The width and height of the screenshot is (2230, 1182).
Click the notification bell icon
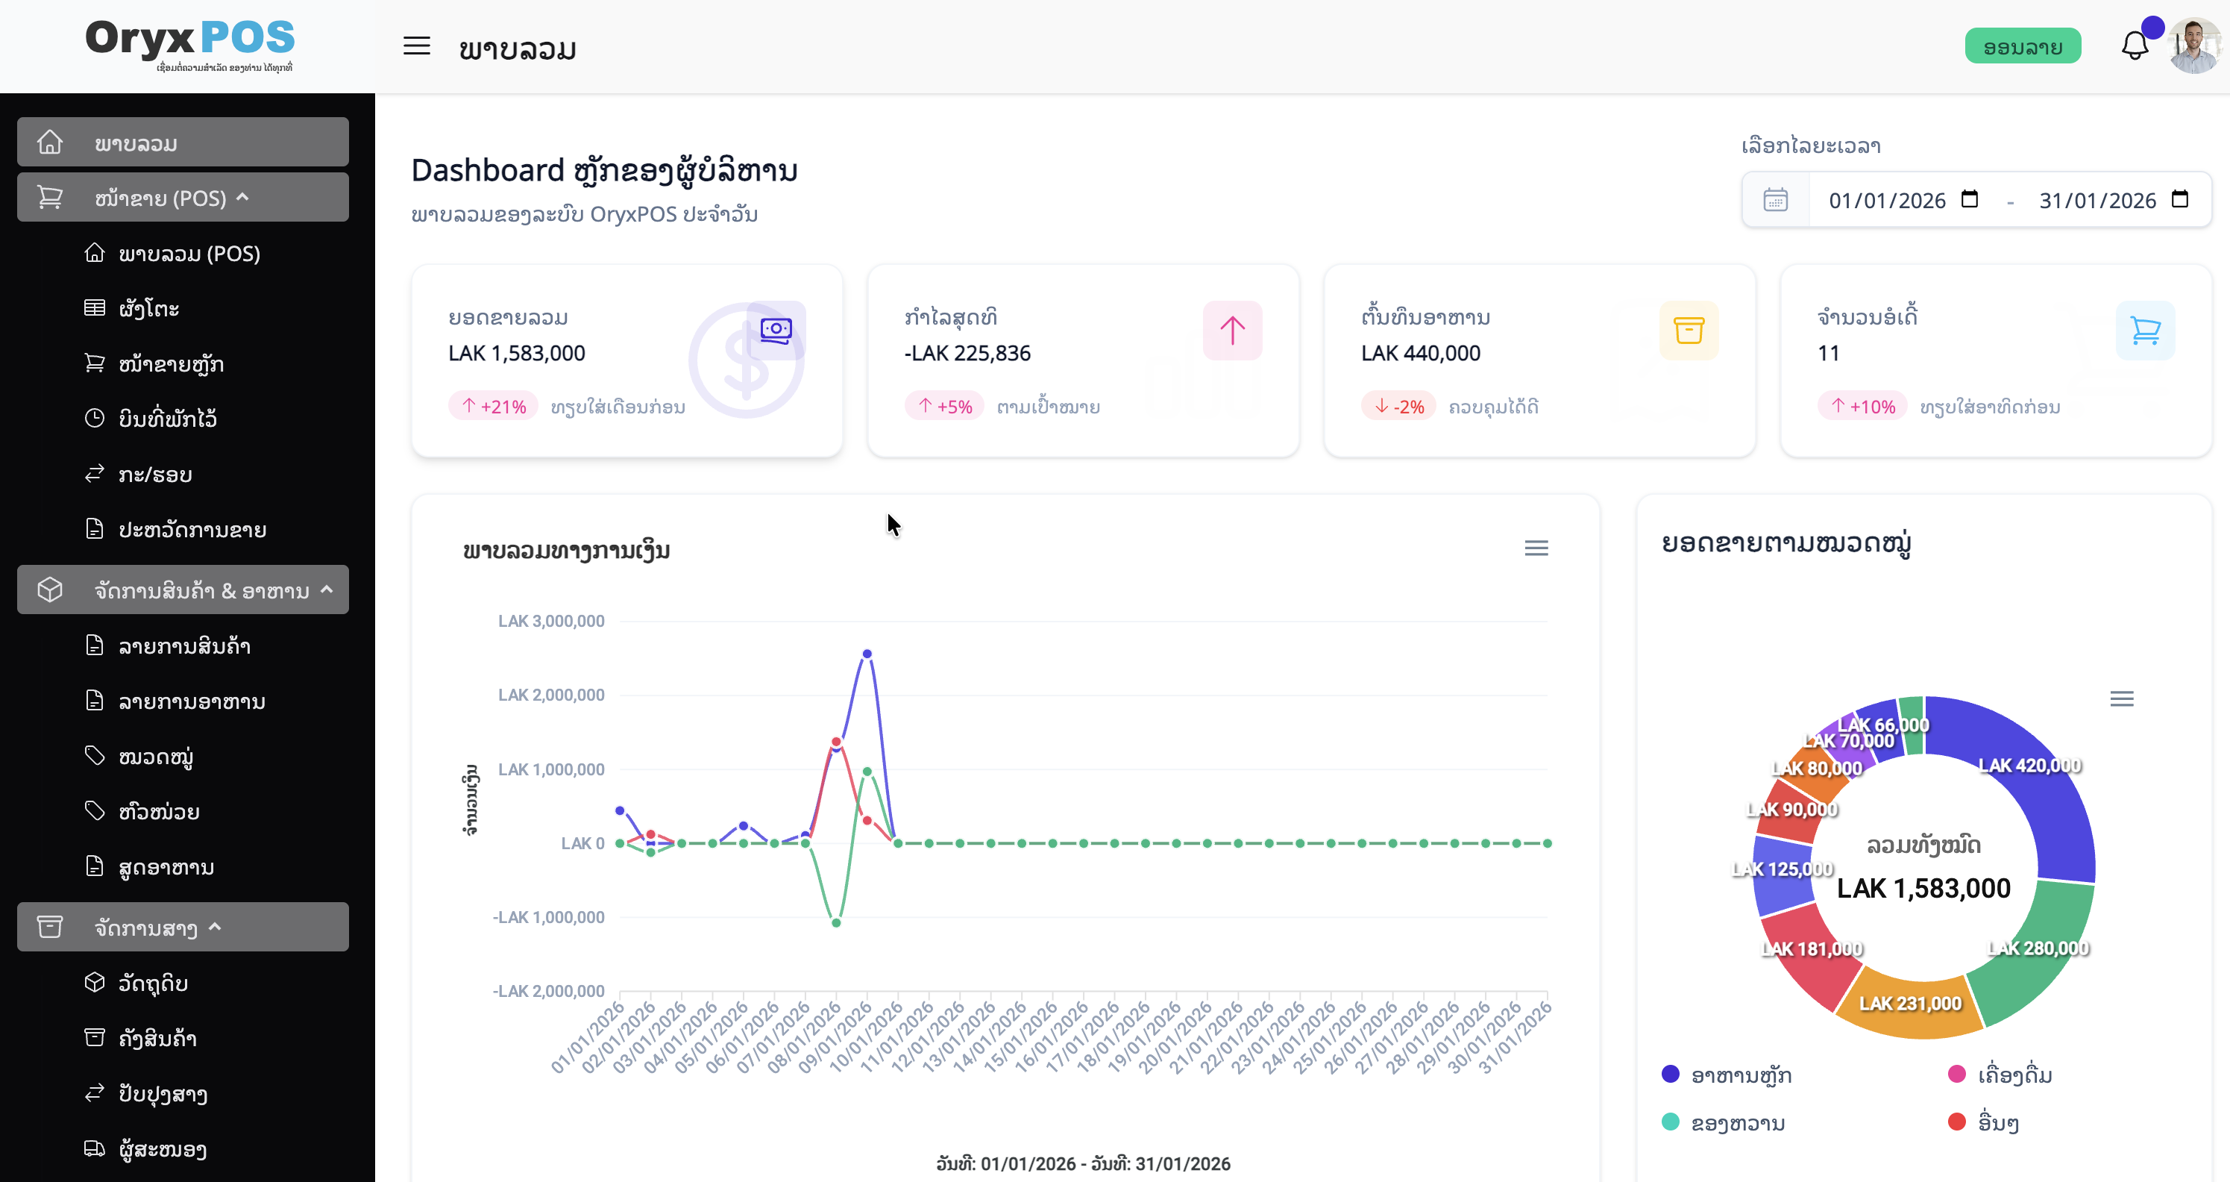(x=2134, y=46)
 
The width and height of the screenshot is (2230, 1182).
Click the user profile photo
(x=2194, y=46)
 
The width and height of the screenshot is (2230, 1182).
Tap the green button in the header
(x=2022, y=47)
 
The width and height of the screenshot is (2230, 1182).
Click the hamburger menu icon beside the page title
(x=416, y=46)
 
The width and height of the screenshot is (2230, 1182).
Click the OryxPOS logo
(x=190, y=43)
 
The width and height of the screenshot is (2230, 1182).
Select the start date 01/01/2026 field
(x=1887, y=201)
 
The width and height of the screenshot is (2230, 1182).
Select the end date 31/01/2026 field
(x=2097, y=201)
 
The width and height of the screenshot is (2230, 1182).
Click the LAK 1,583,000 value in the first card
(x=517, y=353)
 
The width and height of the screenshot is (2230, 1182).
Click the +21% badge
(x=494, y=406)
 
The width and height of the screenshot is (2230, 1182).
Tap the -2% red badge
(x=1399, y=406)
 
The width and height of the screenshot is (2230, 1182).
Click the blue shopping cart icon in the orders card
(x=2145, y=330)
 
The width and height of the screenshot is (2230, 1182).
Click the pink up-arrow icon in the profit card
(x=1232, y=330)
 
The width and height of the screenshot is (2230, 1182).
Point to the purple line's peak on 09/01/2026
(x=867, y=654)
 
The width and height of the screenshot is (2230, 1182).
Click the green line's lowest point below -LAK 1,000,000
(x=836, y=923)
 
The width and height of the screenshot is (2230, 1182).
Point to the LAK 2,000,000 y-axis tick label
(x=550, y=695)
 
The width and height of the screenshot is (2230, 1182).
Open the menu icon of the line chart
(x=1536, y=548)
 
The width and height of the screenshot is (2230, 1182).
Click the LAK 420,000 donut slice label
(x=2029, y=766)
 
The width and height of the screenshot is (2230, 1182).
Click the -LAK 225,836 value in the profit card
(x=967, y=353)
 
